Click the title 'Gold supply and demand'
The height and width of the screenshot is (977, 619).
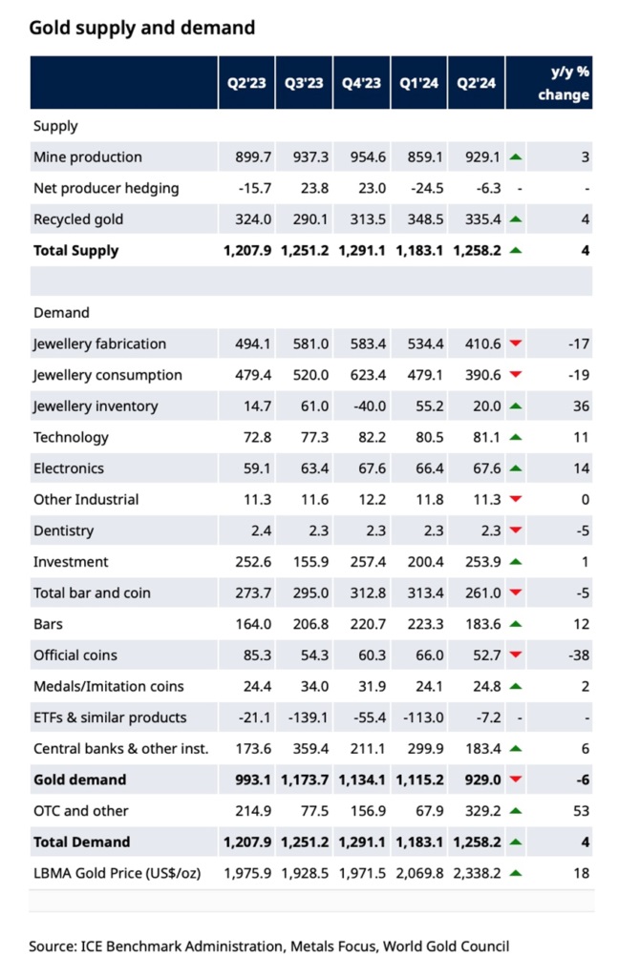click(x=142, y=28)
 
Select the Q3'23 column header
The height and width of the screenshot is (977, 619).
click(x=304, y=83)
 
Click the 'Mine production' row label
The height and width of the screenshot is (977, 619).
click(x=87, y=156)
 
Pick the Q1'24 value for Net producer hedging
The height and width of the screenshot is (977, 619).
click(x=420, y=188)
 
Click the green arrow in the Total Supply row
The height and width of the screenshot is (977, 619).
click(x=516, y=251)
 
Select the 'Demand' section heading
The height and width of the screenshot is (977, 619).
click(x=61, y=312)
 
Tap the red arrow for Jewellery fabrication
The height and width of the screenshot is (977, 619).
click(x=516, y=343)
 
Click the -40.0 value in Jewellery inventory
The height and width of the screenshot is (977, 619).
click(x=368, y=405)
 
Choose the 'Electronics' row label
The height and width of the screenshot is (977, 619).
click(x=69, y=468)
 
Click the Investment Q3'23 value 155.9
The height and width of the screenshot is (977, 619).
click(x=308, y=562)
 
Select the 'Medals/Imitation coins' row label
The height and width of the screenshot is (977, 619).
click(x=109, y=686)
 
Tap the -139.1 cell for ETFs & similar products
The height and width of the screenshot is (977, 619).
click(x=305, y=717)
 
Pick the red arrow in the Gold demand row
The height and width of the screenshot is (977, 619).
click(x=516, y=780)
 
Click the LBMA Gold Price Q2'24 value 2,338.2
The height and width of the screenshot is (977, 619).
click(x=477, y=873)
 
